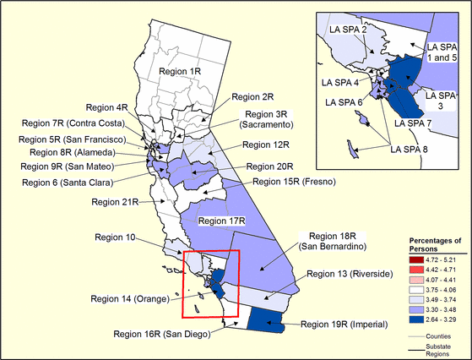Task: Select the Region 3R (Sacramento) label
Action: click(269, 120)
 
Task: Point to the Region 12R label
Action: click(265, 145)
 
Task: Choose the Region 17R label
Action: click(221, 221)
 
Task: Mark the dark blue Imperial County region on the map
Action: click(270, 319)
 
